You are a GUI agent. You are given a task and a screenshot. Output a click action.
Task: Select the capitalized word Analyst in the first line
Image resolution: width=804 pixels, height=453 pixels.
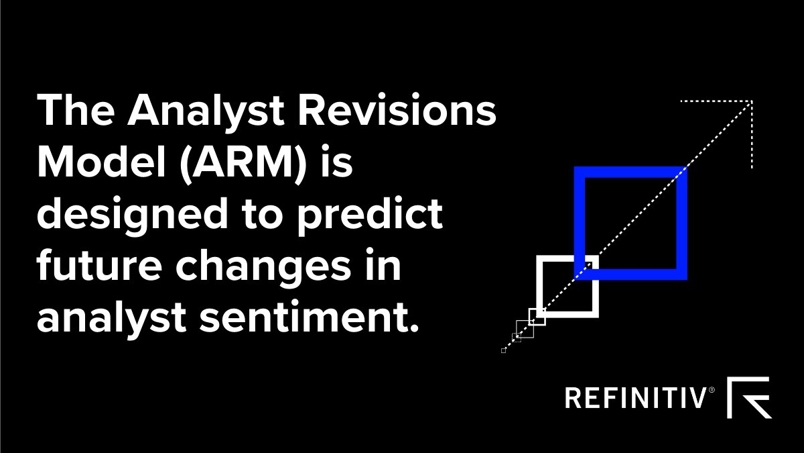point(202,111)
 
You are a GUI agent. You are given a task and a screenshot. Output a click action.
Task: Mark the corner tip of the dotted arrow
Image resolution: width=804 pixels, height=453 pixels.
point(752,102)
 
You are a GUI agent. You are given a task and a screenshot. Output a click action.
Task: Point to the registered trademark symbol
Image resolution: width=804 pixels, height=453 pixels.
point(712,389)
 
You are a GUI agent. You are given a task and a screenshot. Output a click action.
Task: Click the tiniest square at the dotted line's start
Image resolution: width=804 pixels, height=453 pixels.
point(503,350)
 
